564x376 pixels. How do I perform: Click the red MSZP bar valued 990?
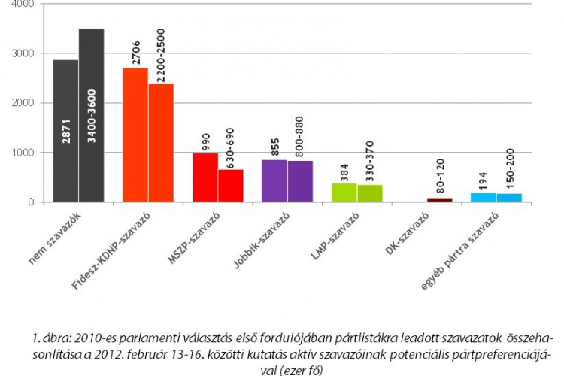205,177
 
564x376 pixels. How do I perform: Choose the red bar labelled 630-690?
231,186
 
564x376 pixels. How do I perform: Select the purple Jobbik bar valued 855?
274,181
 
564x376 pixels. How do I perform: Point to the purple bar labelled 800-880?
300,182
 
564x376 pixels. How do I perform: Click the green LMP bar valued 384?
344,193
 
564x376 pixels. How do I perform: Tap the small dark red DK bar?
440,200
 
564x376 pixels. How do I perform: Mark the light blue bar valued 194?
483,198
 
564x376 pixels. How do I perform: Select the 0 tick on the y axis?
31,202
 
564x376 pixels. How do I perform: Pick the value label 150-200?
508,173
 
